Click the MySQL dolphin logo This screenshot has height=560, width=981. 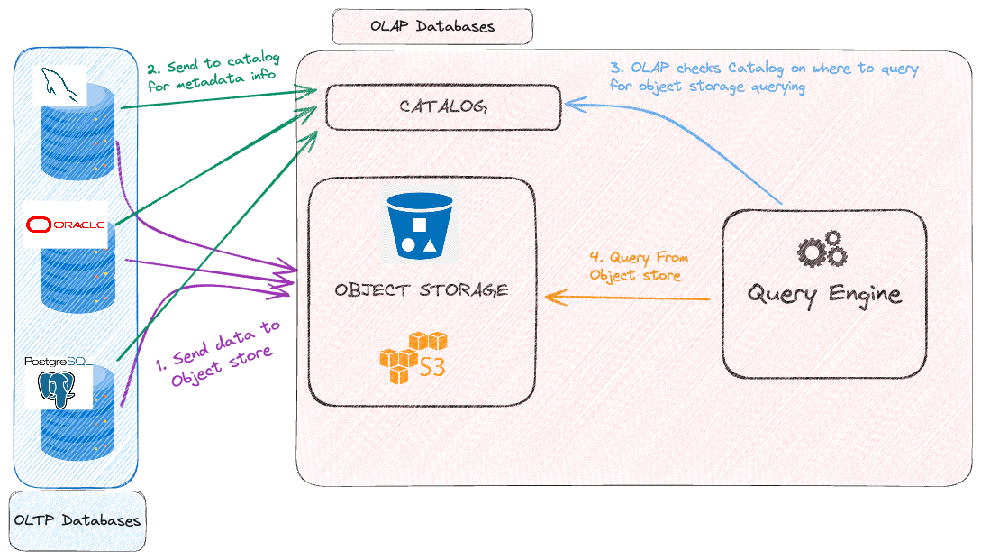click(59, 86)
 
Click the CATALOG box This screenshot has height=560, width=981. click(442, 106)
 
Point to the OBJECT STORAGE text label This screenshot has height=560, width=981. click(421, 290)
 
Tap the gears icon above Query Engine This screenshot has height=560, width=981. click(822, 250)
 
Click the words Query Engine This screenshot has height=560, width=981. click(823, 294)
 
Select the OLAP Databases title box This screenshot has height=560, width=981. click(432, 26)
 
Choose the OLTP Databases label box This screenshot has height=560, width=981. click(77, 520)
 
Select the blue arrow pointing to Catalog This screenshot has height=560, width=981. click(685, 144)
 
